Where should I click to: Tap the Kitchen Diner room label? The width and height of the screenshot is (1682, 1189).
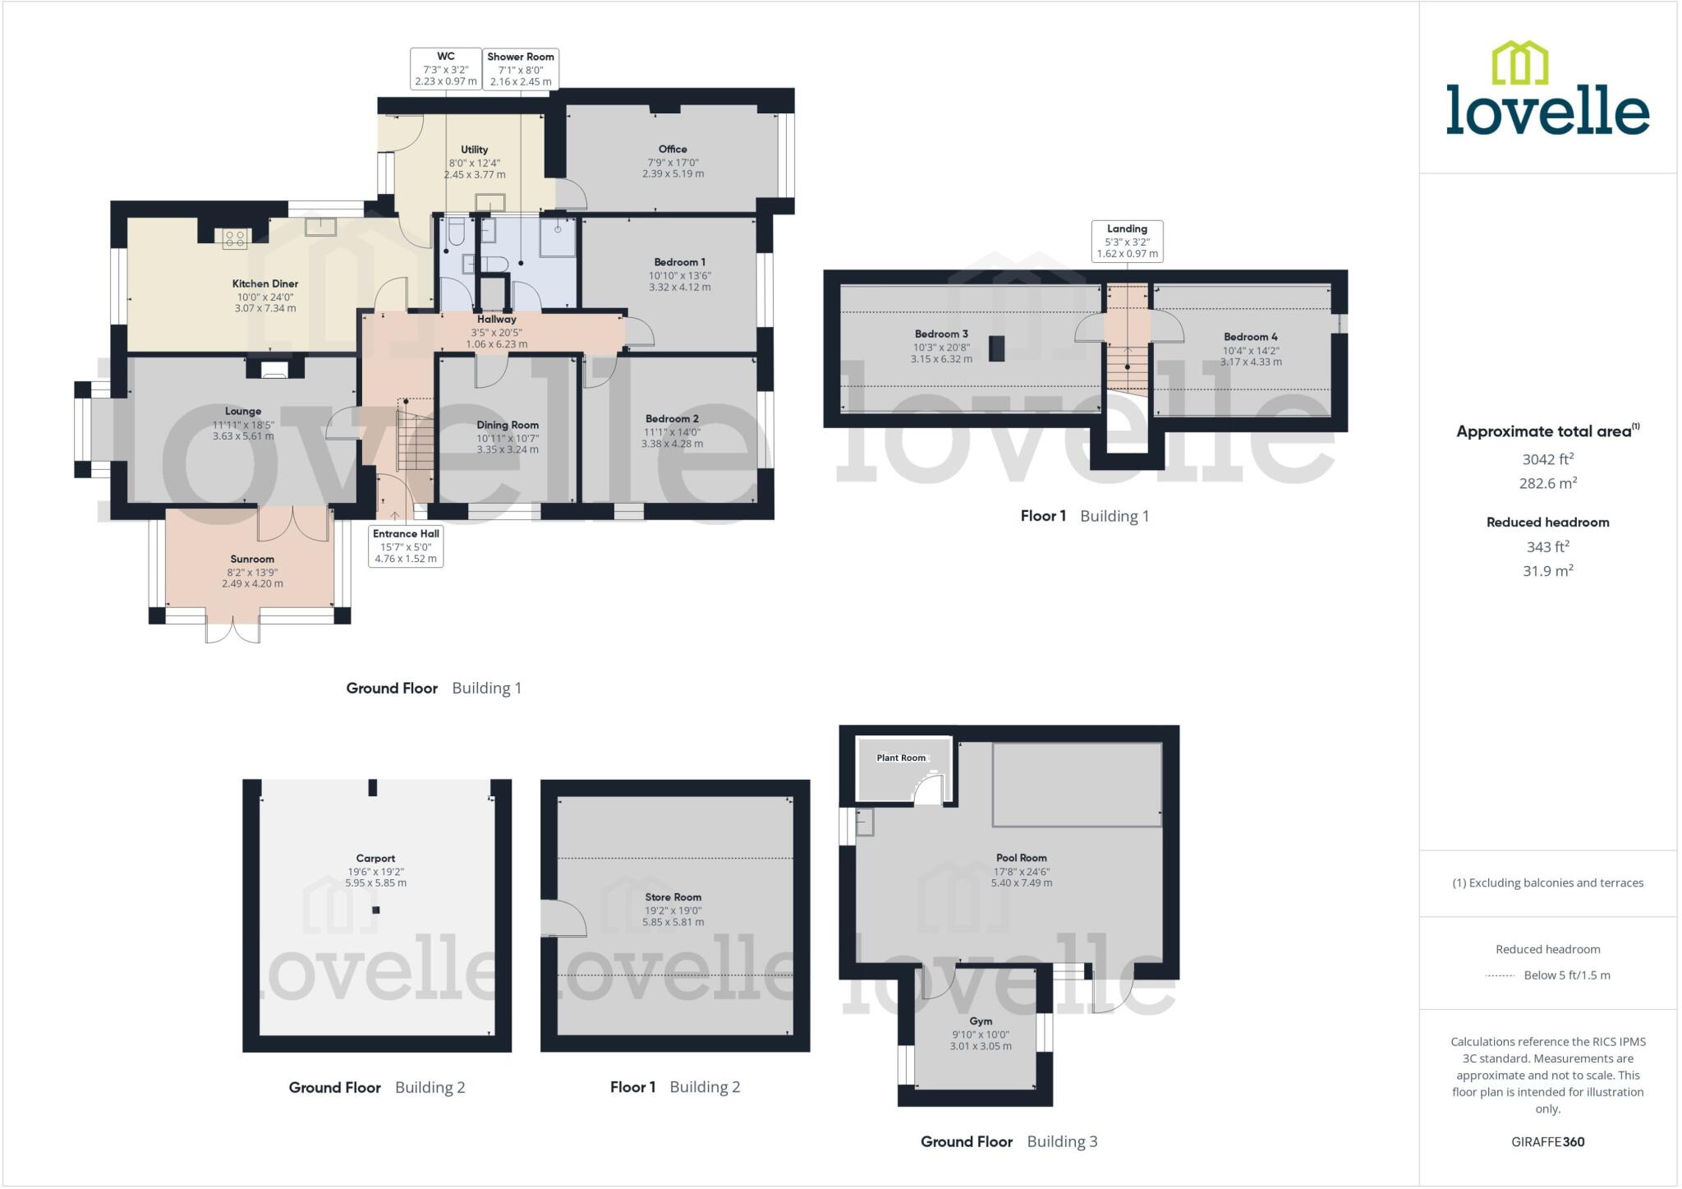click(x=264, y=283)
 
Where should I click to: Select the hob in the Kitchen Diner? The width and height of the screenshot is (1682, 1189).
click(x=235, y=238)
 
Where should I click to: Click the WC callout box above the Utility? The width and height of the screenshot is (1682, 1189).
click(x=446, y=68)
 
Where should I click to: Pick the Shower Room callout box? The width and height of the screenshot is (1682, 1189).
click(x=521, y=68)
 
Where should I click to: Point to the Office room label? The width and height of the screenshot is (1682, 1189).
click(x=673, y=149)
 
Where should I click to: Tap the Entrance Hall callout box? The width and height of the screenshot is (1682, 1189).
click(x=406, y=546)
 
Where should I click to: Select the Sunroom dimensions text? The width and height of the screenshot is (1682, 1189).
click(x=252, y=578)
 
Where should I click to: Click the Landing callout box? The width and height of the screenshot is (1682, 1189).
click(x=1127, y=241)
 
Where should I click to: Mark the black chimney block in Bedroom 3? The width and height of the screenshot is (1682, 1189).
click(x=996, y=348)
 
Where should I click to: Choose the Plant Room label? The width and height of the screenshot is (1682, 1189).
click(x=901, y=758)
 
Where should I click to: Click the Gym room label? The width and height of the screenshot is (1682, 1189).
click(x=981, y=1021)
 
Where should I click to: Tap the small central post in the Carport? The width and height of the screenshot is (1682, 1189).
click(x=376, y=910)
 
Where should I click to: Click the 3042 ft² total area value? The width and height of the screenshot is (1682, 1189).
click(x=1547, y=459)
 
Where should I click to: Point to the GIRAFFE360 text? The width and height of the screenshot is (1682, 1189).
click(x=1547, y=1141)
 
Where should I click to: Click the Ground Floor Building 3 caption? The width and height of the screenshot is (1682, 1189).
click(x=1009, y=1141)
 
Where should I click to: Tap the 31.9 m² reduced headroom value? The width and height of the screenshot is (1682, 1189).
click(x=1547, y=570)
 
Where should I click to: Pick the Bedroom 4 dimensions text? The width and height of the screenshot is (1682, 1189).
click(x=1250, y=356)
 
